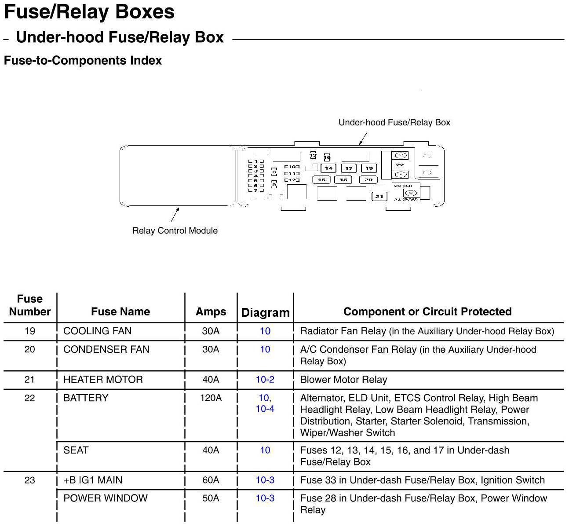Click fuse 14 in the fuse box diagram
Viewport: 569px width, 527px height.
[x=328, y=168]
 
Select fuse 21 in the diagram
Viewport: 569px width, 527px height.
[x=379, y=197]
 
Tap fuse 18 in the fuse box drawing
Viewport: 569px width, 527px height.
[x=343, y=180]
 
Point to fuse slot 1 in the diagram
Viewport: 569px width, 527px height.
[x=256, y=161]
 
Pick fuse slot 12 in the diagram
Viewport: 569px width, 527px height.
[x=292, y=180]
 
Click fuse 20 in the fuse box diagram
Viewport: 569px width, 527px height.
[x=368, y=180]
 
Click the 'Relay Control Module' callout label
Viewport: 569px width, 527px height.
[x=175, y=231]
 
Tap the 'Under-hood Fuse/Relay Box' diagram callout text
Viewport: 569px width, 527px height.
[x=394, y=122]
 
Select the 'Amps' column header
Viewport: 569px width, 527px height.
[x=211, y=311]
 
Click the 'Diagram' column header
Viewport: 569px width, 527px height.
[x=265, y=312]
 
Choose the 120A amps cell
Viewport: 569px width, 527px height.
[x=211, y=398]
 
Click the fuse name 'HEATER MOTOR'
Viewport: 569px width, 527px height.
[x=103, y=380]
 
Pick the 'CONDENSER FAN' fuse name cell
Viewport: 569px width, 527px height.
[x=106, y=349]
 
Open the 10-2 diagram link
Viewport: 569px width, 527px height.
[x=265, y=380]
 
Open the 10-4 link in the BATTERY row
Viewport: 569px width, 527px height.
[x=265, y=409]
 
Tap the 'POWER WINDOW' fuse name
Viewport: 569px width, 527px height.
[x=106, y=498]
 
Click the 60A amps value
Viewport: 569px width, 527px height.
[x=211, y=480]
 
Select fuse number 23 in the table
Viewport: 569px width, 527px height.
[x=29, y=480]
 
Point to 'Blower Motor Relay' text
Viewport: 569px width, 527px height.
[x=343, y=380]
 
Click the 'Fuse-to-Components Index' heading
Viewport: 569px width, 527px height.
[x=83, y=61]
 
